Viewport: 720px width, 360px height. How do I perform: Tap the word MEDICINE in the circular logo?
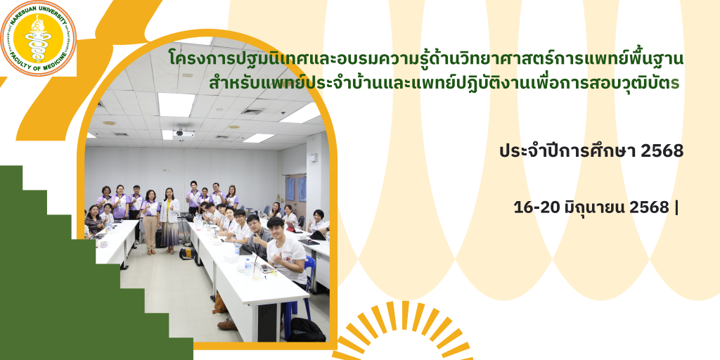pyautogui.click(x=54, y=59)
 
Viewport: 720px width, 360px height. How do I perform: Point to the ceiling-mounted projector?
pyautogui.click(x=184, y=134)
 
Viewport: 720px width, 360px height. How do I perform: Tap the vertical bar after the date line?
pyautogui.click(x=676, y=208)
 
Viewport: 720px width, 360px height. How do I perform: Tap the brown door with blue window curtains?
pyautogui.click(x=295, y=193)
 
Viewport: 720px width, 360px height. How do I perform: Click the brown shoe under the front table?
pyautogui.click(x=227, y=324)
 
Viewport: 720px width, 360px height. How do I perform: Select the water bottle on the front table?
pyautogui.click(x=248, y=266)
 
